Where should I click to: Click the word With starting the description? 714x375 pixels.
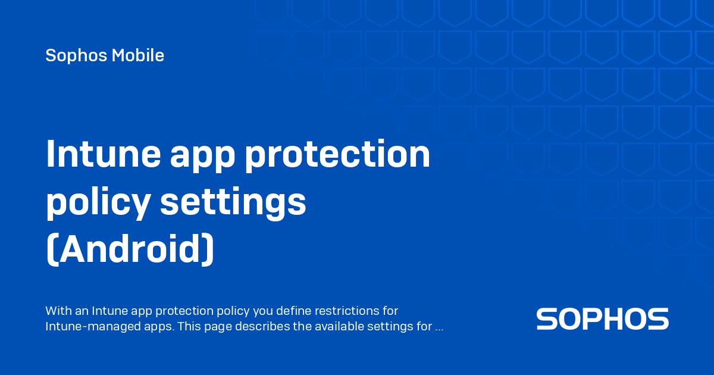[x=58, y=311]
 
